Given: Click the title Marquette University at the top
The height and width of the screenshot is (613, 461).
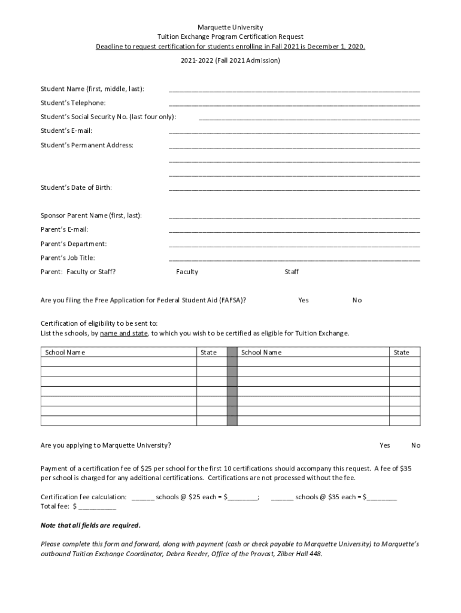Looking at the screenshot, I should coord(230,28).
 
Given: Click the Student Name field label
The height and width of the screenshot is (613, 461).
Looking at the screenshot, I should coord(92,89).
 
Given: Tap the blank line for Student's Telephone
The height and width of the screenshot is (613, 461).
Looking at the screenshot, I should coord(294,104).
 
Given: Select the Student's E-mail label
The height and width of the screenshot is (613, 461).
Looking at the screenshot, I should coord(66,131).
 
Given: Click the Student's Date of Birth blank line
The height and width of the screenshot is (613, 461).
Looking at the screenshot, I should coord(294,189).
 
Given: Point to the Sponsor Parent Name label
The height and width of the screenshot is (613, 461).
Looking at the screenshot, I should coord(91,216).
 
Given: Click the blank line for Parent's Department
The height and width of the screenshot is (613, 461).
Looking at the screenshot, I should coord(294,245).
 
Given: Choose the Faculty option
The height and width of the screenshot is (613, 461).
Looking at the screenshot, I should coord(187,272).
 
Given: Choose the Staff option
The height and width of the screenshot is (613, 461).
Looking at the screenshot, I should coord(292,272).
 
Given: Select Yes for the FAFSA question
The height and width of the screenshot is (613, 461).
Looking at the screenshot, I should coord(304,300).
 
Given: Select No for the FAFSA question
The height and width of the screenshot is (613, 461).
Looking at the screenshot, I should coord(357,300).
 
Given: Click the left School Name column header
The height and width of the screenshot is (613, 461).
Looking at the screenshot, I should coord(65,352).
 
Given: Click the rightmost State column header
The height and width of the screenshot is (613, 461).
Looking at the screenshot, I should coord(401,352).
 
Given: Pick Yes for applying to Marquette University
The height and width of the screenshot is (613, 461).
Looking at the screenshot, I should coord(384,445).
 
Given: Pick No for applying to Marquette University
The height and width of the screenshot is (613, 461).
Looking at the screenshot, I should coord(415,445).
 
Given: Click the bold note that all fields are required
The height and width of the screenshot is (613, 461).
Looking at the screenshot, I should coord(90,526).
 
